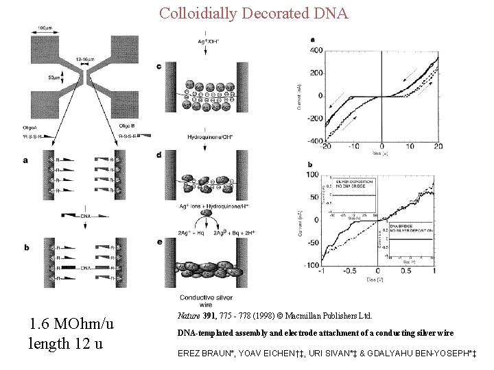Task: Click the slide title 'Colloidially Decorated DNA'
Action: pyautogui.click(x=253, y=13)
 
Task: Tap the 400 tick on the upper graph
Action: pyautogui.click(x=316, y=50)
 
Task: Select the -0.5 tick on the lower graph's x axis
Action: pyautogui.click(x=350, y=270)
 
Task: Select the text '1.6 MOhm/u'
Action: pyautogui.click(x=71, y=323)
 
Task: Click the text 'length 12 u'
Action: pyautogui.click(x=65, y=343)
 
